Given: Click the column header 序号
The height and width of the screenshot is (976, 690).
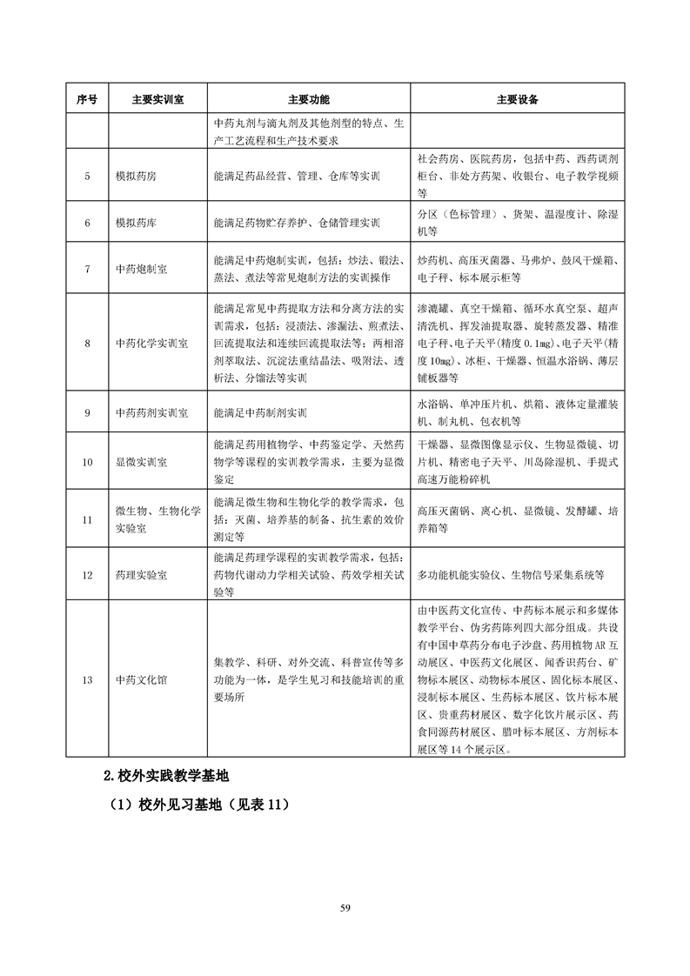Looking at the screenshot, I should (x=87, y=99).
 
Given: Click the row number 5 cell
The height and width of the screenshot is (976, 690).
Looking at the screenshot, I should (x=87, y=176).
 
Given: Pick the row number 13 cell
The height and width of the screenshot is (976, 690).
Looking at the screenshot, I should (x=87, y=679).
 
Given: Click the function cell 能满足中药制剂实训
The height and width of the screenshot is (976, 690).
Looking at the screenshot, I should (x=260, y=412).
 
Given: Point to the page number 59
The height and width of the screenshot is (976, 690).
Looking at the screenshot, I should (x=345, y=908).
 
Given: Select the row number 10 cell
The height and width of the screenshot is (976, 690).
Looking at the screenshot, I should (x=87, y=461).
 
